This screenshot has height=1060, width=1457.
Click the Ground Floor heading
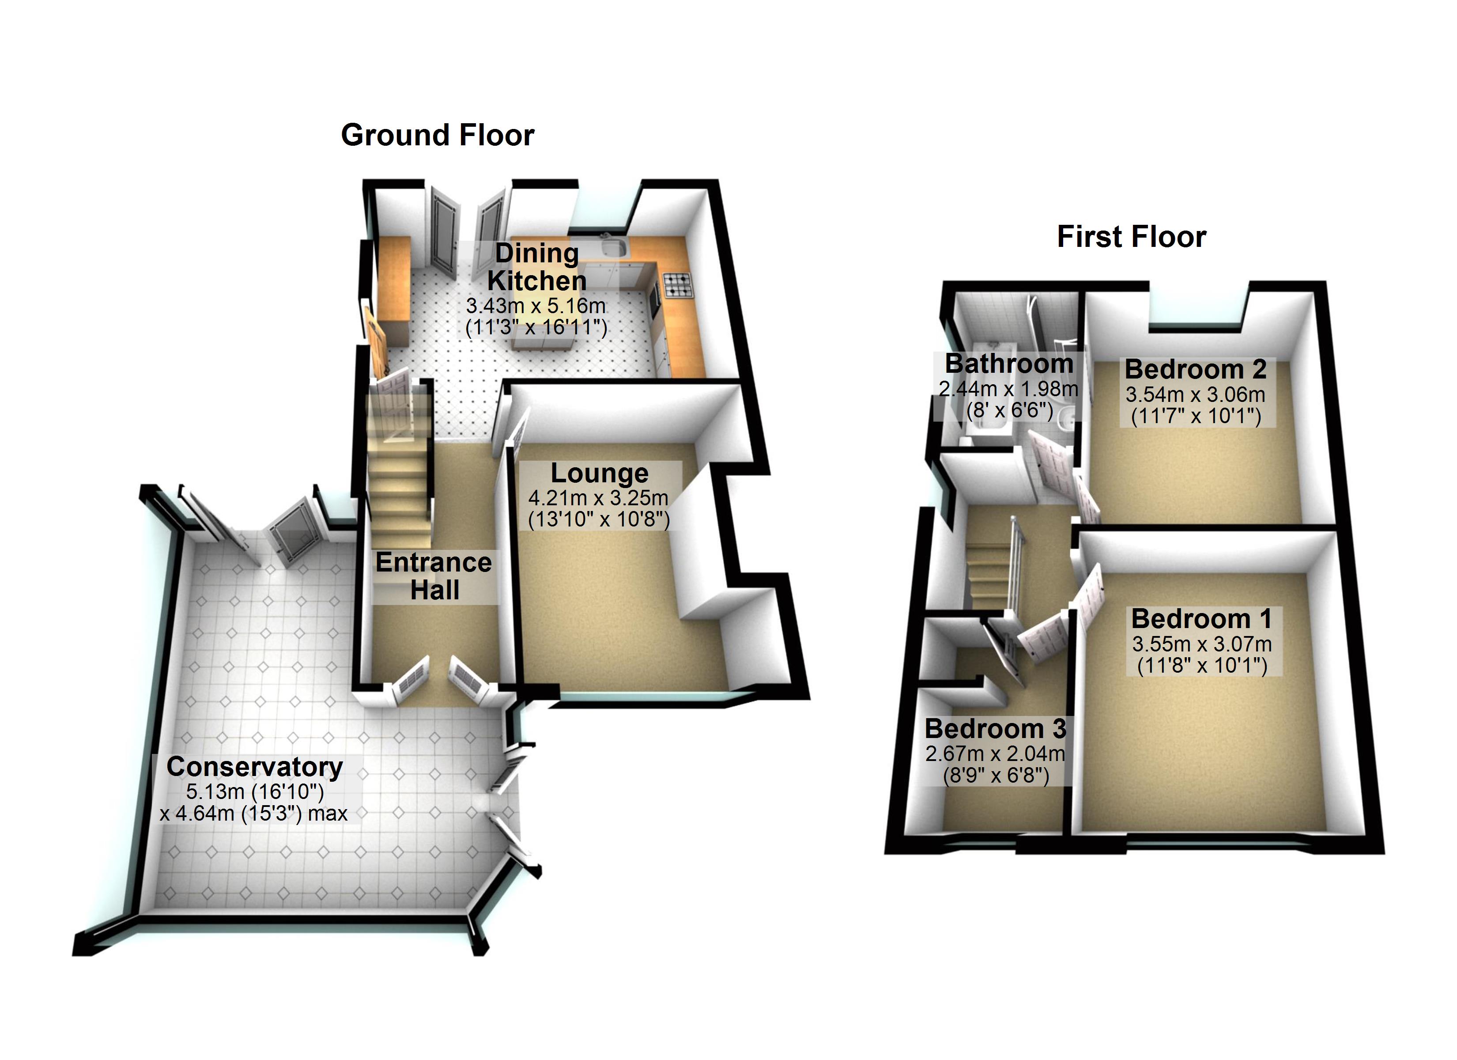(x=438, y=136)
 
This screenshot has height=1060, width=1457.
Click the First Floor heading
(x=1131, y=237)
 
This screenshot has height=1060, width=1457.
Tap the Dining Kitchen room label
(x=537, y=267)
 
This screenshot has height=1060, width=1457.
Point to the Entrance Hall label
(x=434, y=576)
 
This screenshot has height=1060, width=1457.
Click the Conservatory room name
(x=255, y=767)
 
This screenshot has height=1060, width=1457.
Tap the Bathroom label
(x=1008, y=364)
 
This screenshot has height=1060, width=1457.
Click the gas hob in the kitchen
(x=678, y=285)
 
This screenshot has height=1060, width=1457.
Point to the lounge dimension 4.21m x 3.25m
(x=598, y=498)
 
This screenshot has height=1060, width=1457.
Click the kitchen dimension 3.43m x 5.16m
(x=536, y=306)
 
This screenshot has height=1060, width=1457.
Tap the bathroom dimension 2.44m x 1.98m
(x=1008, y=389)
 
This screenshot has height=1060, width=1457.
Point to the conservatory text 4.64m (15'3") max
(x=254, y=814)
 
